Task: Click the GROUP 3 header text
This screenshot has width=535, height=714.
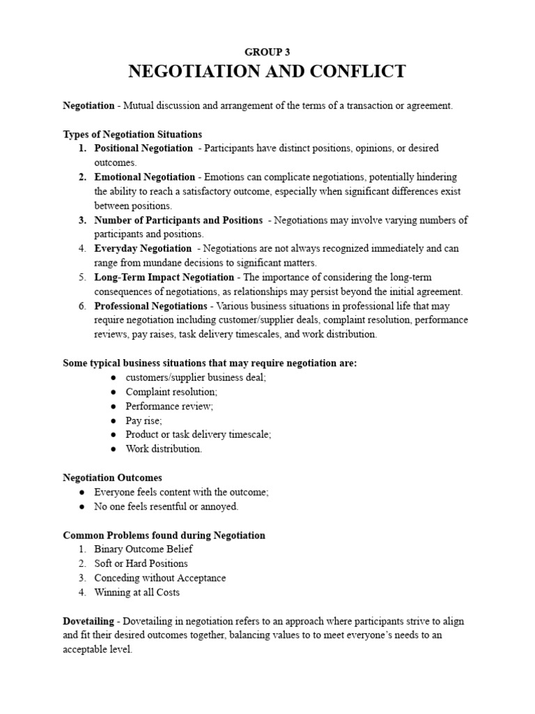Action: [x=267, y=52]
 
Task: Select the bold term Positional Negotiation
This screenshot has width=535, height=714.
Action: [x=144, y=148]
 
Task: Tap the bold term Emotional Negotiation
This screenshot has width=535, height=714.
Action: [x=145, y=177]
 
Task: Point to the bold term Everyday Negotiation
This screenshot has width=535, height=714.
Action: [x=143, y=248]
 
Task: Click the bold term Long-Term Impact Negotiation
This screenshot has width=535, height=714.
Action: [x=164, y=278]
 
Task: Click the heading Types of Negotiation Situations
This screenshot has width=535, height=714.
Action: [x=132, y=134]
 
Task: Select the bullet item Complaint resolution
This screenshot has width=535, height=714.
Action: [x=171, y=391]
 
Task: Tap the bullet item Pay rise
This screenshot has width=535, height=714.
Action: [x=144, y=420]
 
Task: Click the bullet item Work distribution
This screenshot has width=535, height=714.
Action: [x=164, y=448]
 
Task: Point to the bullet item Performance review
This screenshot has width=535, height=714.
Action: [x=169, y=406]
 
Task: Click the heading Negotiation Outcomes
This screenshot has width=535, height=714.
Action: [x=112, y=478]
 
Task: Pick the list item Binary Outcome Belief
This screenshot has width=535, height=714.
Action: [x=144, y=549]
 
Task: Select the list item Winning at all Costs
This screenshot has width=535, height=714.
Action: [x=137, y=592]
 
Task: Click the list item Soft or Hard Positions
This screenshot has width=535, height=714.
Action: [x=141, y=563]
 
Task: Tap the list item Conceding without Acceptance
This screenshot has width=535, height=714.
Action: [x=160, y=578]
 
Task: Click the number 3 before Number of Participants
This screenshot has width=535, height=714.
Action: [x=82, y=220]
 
